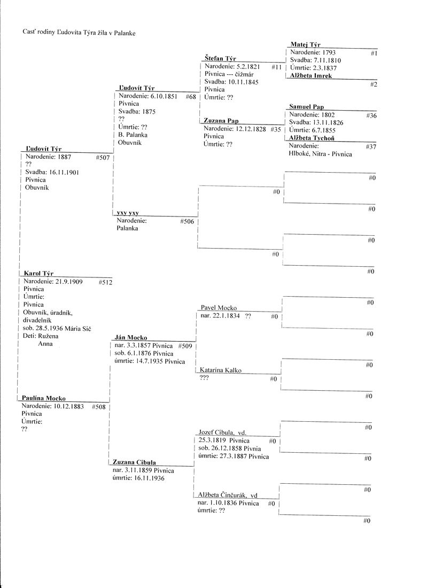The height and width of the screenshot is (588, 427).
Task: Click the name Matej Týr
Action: (305, 45)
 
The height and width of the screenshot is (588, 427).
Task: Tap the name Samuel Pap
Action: (307, 107)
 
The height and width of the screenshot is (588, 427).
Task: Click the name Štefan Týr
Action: (220, 58)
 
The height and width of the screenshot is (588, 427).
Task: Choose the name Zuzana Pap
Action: (221, 121)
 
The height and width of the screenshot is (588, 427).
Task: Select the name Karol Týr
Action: (39, 273)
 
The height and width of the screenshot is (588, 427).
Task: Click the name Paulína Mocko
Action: (44, 398)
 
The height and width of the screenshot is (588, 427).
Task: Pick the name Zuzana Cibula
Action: (134, 462)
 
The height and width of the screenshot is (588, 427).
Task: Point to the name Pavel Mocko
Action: (219, 308)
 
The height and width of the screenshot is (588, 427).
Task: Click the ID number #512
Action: (105, 282)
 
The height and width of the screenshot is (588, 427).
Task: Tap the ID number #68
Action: (191, 97)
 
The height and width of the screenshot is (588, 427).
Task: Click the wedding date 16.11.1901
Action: (52, 172)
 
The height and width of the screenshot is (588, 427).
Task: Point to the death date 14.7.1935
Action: (149, 361)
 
